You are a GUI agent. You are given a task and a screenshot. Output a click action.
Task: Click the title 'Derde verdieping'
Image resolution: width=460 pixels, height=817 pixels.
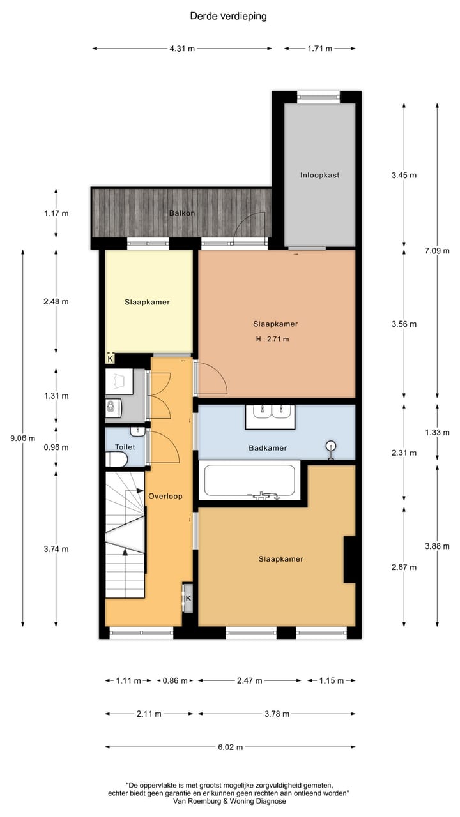(x=228, y=16)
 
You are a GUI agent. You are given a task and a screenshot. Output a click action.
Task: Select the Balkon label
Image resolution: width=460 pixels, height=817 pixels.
(x=181, y=213)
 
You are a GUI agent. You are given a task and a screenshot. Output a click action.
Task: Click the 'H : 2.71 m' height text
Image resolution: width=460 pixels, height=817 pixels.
(x=271, y=339)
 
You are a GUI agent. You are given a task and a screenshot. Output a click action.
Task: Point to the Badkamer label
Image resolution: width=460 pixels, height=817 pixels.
(x=267, y=448)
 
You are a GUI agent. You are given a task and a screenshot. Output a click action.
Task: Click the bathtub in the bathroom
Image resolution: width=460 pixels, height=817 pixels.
(x=249, y=481)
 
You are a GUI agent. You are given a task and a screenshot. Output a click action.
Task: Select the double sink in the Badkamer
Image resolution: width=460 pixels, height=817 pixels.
(x=270, y=417)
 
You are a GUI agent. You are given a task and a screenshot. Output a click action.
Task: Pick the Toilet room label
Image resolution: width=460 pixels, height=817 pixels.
(x=125, y=447)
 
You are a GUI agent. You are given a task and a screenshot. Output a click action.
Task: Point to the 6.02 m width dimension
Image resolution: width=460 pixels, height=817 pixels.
(x=231, y=746)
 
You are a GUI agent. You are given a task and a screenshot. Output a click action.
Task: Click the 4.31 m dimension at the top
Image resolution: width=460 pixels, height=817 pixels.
(x=182, y=49)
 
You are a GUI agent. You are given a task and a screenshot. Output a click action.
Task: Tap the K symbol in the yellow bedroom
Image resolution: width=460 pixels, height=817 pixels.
(x=111, y=359)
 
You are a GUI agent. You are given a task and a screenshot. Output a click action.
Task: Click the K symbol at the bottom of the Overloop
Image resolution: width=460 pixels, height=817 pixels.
(x=188, y=598)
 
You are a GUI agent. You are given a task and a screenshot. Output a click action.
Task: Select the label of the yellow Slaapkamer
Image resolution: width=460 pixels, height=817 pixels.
(x=147, y=302)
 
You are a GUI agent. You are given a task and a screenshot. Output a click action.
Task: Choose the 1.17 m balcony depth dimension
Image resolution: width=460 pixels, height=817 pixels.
(x=56, y=213)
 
